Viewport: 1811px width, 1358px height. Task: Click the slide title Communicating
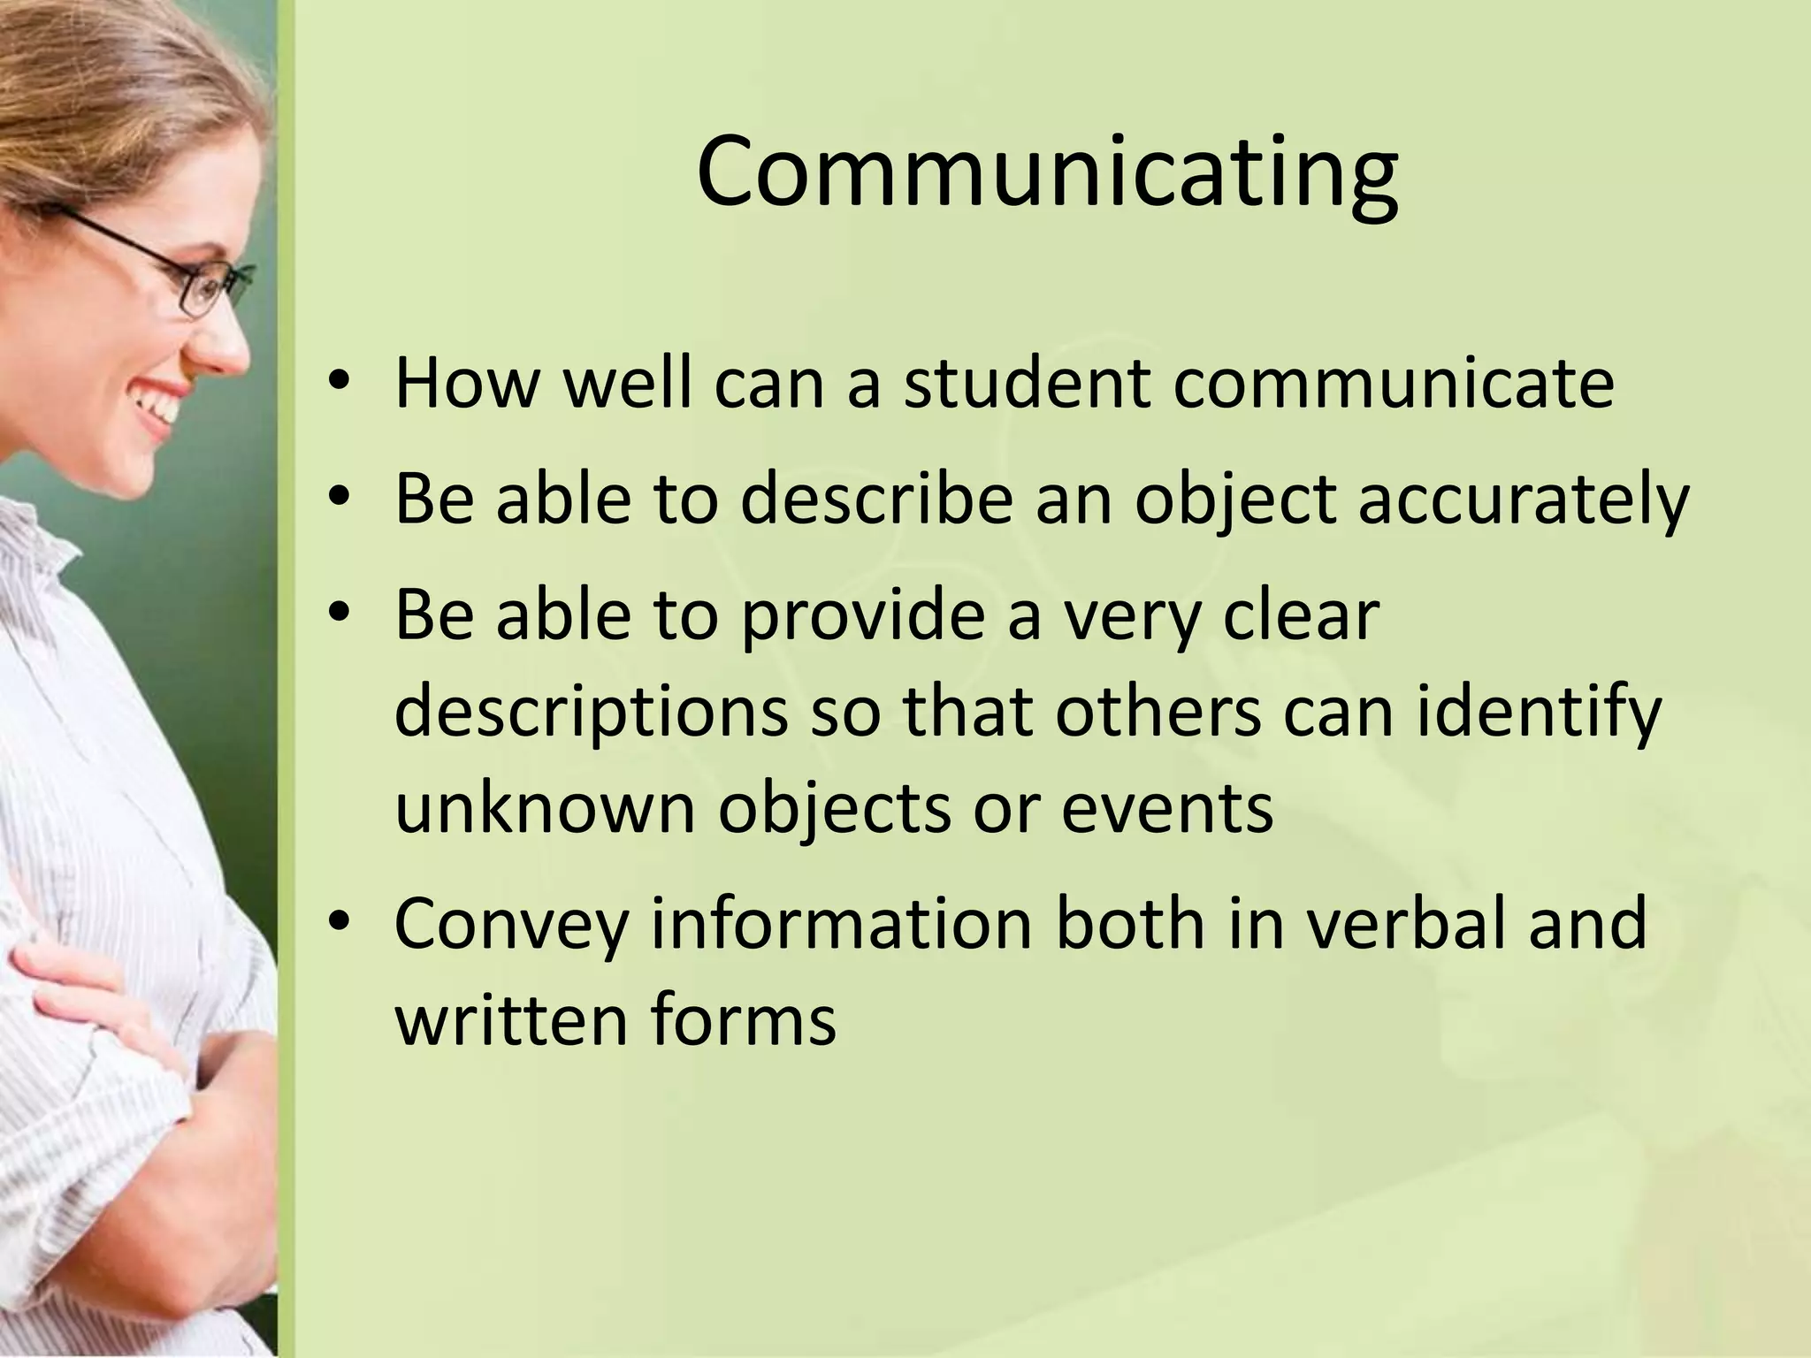point(1047,172)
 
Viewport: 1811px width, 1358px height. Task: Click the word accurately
point(1523,500)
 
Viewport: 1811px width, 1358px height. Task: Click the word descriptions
point(591,714)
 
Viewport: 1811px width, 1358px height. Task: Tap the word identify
point(1539,714)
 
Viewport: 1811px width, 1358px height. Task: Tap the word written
point(510,1019)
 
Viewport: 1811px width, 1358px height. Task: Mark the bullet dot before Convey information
point(339,921)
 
